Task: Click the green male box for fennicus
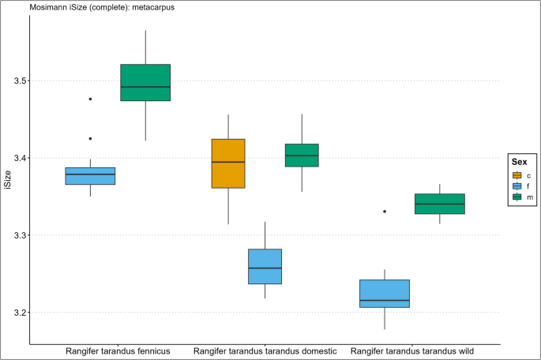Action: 145,82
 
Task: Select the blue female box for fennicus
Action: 90,176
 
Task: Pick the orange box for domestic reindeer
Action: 228,163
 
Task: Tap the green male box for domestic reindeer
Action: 301,156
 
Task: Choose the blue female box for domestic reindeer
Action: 265,266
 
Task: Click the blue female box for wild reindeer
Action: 385,293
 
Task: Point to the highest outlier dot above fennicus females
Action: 90,99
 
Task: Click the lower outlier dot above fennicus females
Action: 90,138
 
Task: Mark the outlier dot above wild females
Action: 385,212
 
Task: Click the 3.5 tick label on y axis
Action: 17,81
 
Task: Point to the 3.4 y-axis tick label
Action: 17,159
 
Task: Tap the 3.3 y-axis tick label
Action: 17,236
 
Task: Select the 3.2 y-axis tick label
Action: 17,313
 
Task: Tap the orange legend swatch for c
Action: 517,175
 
